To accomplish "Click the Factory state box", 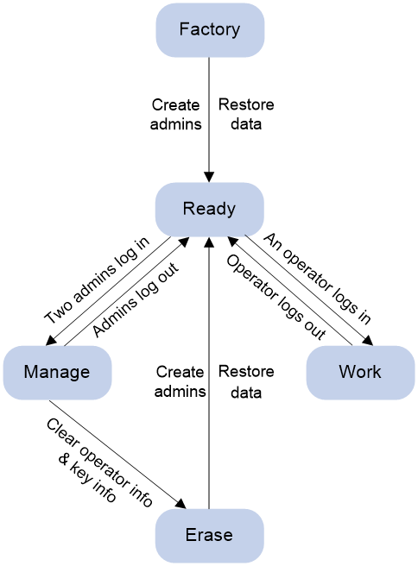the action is [x=210, y=30].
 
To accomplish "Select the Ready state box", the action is [x=210, y=210].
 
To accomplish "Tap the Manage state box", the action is [x=58, y=373].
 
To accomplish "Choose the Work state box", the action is [x=360, y=373].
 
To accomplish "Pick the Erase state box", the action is [x=210, y=536].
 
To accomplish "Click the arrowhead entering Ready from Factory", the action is [x=209, y=177].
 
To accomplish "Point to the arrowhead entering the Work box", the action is [x=368, y=341].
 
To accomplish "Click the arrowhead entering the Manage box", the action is [x=51, y=341].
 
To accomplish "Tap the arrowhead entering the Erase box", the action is [x=180, y=504].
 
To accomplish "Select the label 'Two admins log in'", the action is [x=97, y=280].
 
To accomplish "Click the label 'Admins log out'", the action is [x=136, y=299].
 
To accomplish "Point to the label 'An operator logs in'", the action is [x=317, y=279].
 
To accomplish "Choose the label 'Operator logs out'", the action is [x=276, y=297].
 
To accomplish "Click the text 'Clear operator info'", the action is [x=99, y=462].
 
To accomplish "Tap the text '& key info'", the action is [x=87, y=478].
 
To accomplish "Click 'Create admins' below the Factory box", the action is [x=176, y=115].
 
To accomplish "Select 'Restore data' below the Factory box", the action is [x=246, y=115].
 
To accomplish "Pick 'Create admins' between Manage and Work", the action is [x=180, y=381].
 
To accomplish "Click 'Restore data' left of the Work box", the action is [x=246, y=381].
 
